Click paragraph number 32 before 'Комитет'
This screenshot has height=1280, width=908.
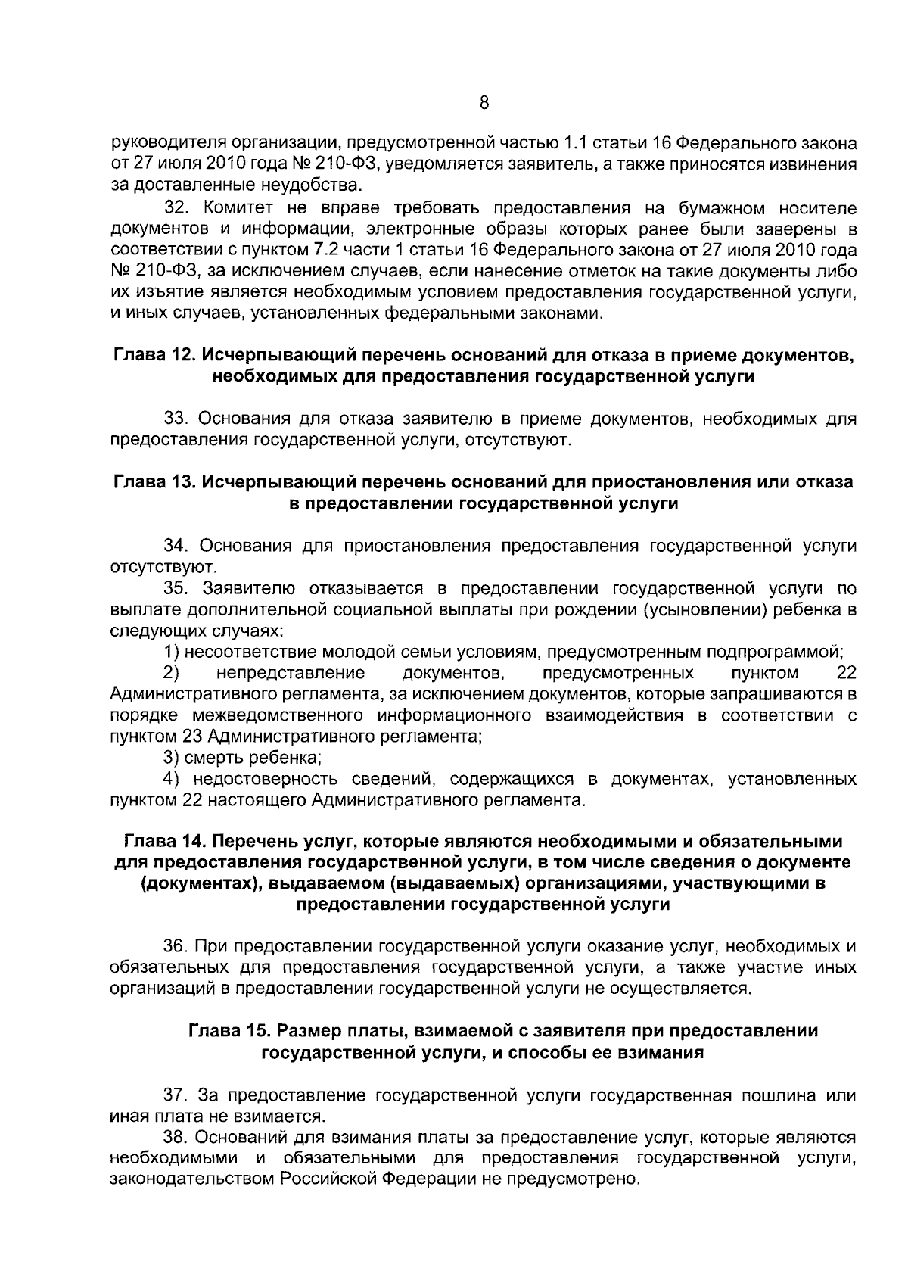coord(177,208)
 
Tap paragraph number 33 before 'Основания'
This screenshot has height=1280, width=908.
coord(177,419)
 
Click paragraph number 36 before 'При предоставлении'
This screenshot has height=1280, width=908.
coord(177,946)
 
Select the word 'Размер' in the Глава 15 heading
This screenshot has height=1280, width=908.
coord(305,1031)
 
